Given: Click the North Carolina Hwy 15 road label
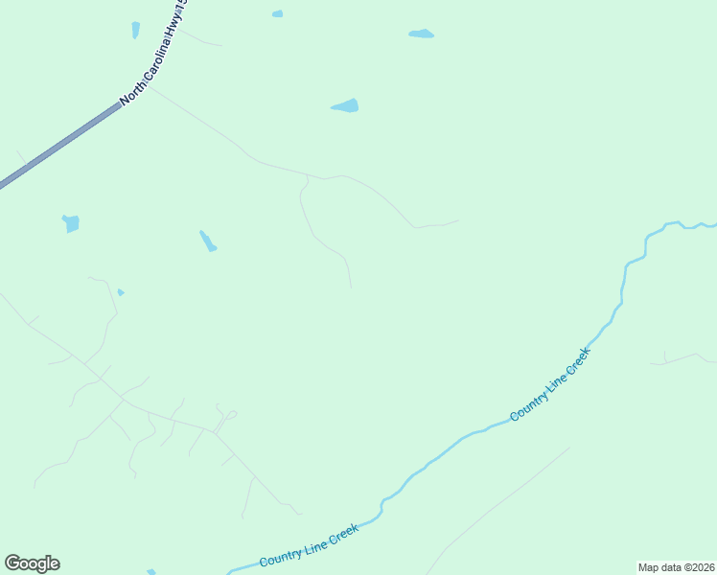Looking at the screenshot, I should click(x=154, y=52).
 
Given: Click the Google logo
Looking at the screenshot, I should click(x=32, y=563).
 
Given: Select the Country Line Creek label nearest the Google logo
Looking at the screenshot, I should click(x=309, y=545).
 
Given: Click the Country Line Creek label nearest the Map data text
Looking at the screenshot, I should click(x=550, y=383).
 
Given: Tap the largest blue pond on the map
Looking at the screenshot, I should click(x=345, y=105).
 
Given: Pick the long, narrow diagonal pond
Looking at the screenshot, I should click(x=208, y=241).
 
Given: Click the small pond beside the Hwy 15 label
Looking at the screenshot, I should click(x=135, y=30).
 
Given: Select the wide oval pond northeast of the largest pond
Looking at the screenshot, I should click(x=421, y=34).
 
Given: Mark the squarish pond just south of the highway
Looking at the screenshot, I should click(x=70, y=223).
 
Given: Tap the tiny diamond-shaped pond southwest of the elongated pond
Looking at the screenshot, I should click(x=120, y=291).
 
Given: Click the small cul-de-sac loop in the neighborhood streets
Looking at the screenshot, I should click(x=231, y=415).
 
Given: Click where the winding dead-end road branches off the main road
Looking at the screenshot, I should click(x=307, y=176).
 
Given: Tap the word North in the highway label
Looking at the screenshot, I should click(x=131, y=89).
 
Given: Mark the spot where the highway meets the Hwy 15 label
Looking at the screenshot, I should click(x=120, y=104).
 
